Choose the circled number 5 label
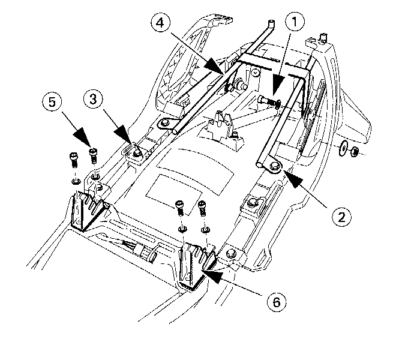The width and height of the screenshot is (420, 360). point(52,102)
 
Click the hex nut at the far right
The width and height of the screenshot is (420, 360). point(355,149)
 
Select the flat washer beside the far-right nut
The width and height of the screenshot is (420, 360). point(342,147)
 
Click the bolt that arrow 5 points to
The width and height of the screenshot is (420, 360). point(94,155)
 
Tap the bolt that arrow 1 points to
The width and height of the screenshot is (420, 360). point(268,101)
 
